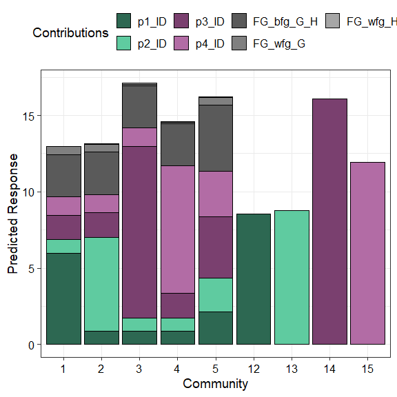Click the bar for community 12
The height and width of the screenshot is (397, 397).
click(x=253, y=279)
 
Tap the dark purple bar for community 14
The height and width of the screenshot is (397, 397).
click(x=329, y=221)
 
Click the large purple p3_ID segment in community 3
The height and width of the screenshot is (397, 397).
click(x=140, y=232)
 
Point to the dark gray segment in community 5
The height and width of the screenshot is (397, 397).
click(x=216, y=138)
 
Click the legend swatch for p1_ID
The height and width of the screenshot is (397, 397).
click(x=124, y=21)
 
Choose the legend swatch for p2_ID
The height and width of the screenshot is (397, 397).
click(x=124, y=43)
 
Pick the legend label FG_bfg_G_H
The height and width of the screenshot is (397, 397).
click(x=285, y=21)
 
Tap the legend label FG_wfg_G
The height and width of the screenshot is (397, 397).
click(x=279, y=43)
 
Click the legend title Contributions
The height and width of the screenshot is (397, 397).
click(x=70, y=32)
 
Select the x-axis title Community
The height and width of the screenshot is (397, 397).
click(x=216, y=383)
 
